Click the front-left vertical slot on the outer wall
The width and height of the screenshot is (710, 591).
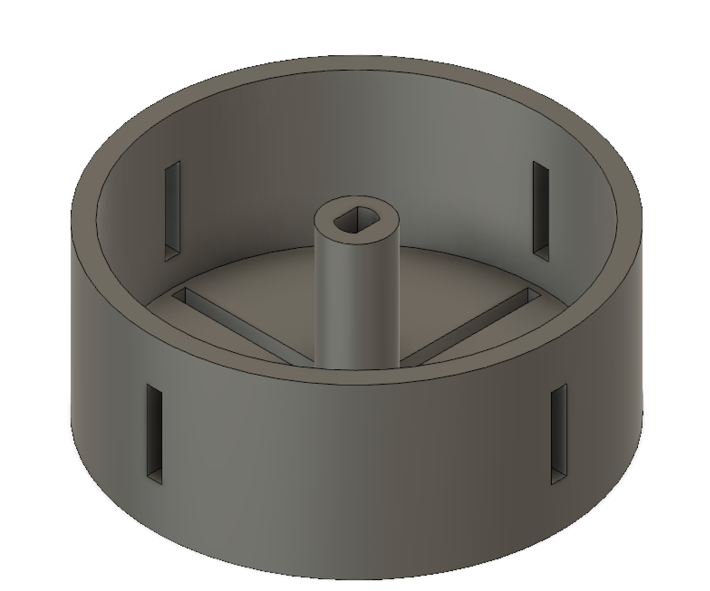coord(154,430)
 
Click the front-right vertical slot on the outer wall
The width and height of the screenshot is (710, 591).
coord(559,432)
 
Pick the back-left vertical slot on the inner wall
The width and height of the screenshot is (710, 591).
coord(172,210)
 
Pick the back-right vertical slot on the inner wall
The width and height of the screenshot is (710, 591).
coord(541,210)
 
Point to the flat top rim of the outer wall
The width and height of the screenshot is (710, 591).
coord(358,63)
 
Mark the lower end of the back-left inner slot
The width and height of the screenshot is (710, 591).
coord(172,253)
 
